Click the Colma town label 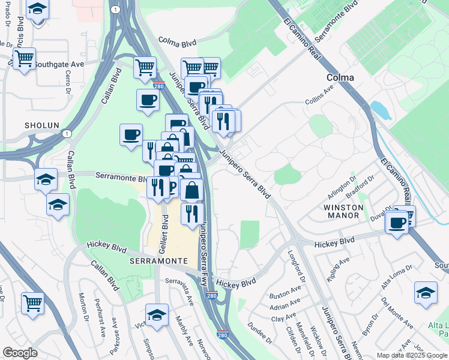[340, 77]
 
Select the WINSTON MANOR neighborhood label [344, 211]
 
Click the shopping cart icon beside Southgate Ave [24, 59]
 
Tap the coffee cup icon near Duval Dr [396, 223]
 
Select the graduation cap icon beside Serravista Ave [157, 314]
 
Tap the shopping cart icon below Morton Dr [32, 303]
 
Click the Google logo [20, 353]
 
